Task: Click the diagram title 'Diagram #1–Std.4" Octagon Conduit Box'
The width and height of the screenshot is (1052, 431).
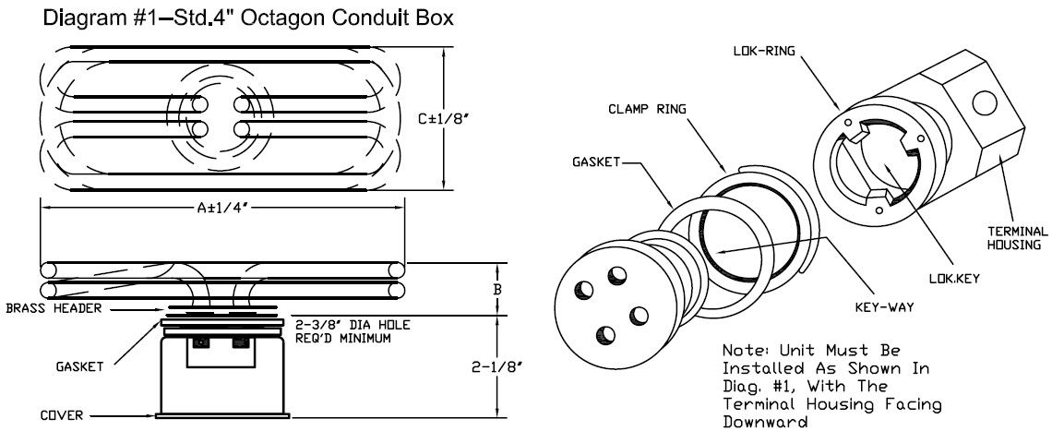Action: coord(245,18)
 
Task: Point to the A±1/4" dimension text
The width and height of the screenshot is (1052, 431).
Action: coord(221,207)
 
